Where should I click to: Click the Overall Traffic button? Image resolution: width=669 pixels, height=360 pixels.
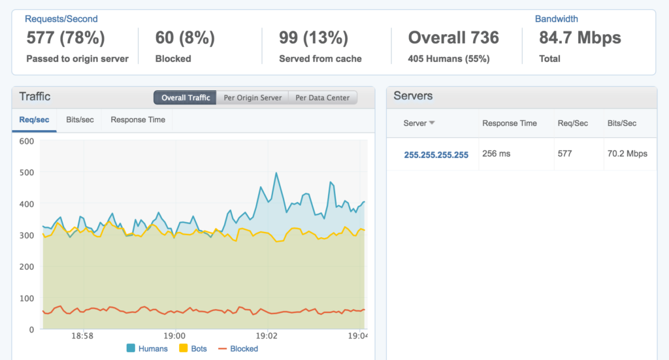coord(186,98)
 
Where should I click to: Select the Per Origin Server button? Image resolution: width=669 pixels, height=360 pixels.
coord(252,98)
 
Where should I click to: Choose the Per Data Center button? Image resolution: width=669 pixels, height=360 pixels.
coord(323,98)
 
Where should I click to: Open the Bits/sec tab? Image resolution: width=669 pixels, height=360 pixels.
coord(80,120)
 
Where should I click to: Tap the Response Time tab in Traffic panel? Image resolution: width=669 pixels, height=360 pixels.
coord(138,120)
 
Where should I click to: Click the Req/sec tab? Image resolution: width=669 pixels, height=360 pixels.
coord(34,120)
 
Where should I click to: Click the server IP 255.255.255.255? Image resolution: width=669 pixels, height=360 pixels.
coord(436,155)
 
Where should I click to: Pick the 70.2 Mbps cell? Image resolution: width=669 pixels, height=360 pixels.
coord(627,154)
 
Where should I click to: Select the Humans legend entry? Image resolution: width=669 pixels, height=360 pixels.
coord(147,348)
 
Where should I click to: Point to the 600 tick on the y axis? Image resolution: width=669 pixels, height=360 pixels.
coord(26,140)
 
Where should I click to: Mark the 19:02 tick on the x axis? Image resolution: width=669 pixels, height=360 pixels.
coord(269,336)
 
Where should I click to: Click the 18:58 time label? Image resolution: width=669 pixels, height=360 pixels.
coord(82,336)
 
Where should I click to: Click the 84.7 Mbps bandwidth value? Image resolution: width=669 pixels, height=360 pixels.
coord(580,38)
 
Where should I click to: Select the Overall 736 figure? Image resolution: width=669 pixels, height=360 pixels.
coord(453,38)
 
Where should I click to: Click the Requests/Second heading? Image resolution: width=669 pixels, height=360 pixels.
coord(62,19)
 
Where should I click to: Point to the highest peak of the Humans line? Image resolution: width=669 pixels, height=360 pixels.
coord(276,173)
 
